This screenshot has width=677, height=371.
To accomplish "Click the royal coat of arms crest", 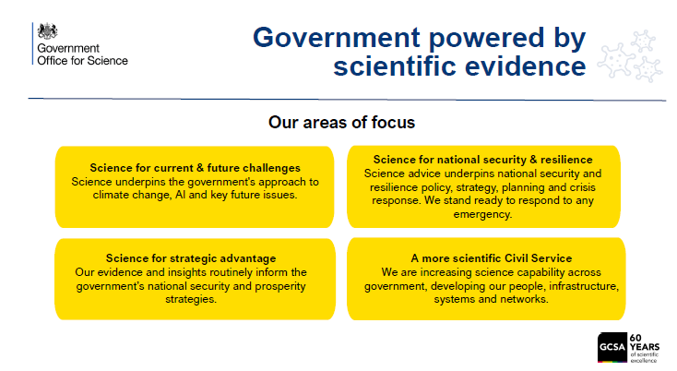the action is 47,31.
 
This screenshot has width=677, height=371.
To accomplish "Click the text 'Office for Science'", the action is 82,61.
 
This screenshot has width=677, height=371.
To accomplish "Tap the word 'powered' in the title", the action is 486,39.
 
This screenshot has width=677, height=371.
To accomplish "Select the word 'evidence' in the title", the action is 525,66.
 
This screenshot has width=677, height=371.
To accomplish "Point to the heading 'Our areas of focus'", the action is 341,122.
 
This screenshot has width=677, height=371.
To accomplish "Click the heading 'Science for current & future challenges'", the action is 196,168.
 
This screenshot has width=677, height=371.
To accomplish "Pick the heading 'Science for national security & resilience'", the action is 482,160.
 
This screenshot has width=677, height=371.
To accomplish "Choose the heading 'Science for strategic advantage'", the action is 191,257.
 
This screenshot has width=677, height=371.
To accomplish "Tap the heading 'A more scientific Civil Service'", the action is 492,257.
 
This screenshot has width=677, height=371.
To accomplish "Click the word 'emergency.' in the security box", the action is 482,214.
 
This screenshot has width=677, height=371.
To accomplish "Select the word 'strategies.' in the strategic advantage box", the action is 191,299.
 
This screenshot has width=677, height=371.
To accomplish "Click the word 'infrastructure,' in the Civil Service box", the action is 584,286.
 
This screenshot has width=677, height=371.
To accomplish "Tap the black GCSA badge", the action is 612,347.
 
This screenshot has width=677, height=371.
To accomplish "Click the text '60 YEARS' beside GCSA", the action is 644,342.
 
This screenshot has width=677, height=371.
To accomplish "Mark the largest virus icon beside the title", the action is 616,61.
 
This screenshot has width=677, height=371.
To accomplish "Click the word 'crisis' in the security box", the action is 582,187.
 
